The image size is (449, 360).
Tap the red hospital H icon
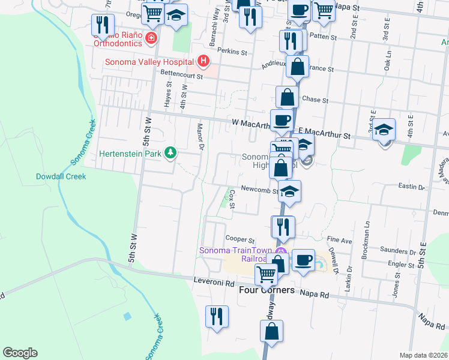coord(204,61)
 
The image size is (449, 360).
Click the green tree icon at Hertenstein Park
coord(171,154)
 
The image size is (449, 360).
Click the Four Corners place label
coord(267,290)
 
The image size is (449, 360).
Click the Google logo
coord(20,353)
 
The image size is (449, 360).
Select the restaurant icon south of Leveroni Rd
coord(217,316)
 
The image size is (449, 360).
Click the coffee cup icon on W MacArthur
coord(281,119)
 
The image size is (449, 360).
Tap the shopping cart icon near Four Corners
coord(265,274)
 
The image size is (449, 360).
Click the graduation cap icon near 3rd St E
coord(384,130)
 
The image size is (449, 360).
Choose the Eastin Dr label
coord(411,187)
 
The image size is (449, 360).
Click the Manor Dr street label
coord(200,137)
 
